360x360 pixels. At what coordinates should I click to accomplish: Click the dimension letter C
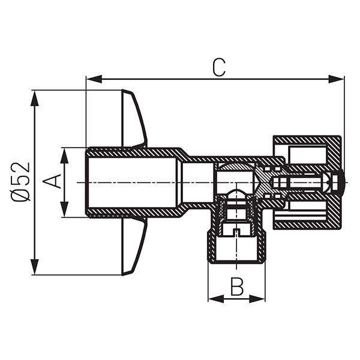pyautogui.click(x=219, y=68)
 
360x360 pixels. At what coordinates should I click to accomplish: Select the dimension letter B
pyautogui.click(x=237, y=287)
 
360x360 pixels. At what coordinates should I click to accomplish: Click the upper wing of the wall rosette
pyautogui.click(x=133, y=120)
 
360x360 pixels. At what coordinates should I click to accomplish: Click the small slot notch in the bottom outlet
pyautogui.click(x=237, y=232)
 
